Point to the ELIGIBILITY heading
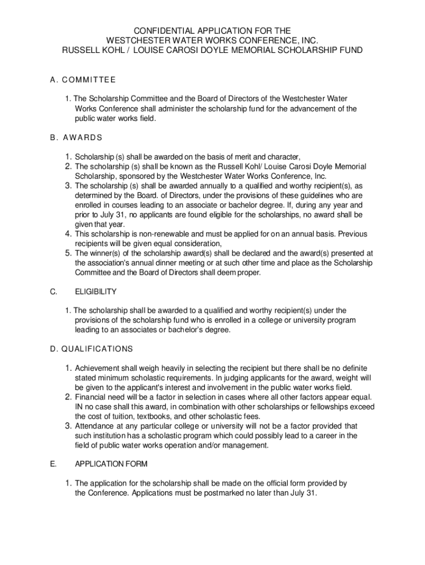point(95,291)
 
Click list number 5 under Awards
point(68,253)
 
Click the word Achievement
point(98,368)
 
